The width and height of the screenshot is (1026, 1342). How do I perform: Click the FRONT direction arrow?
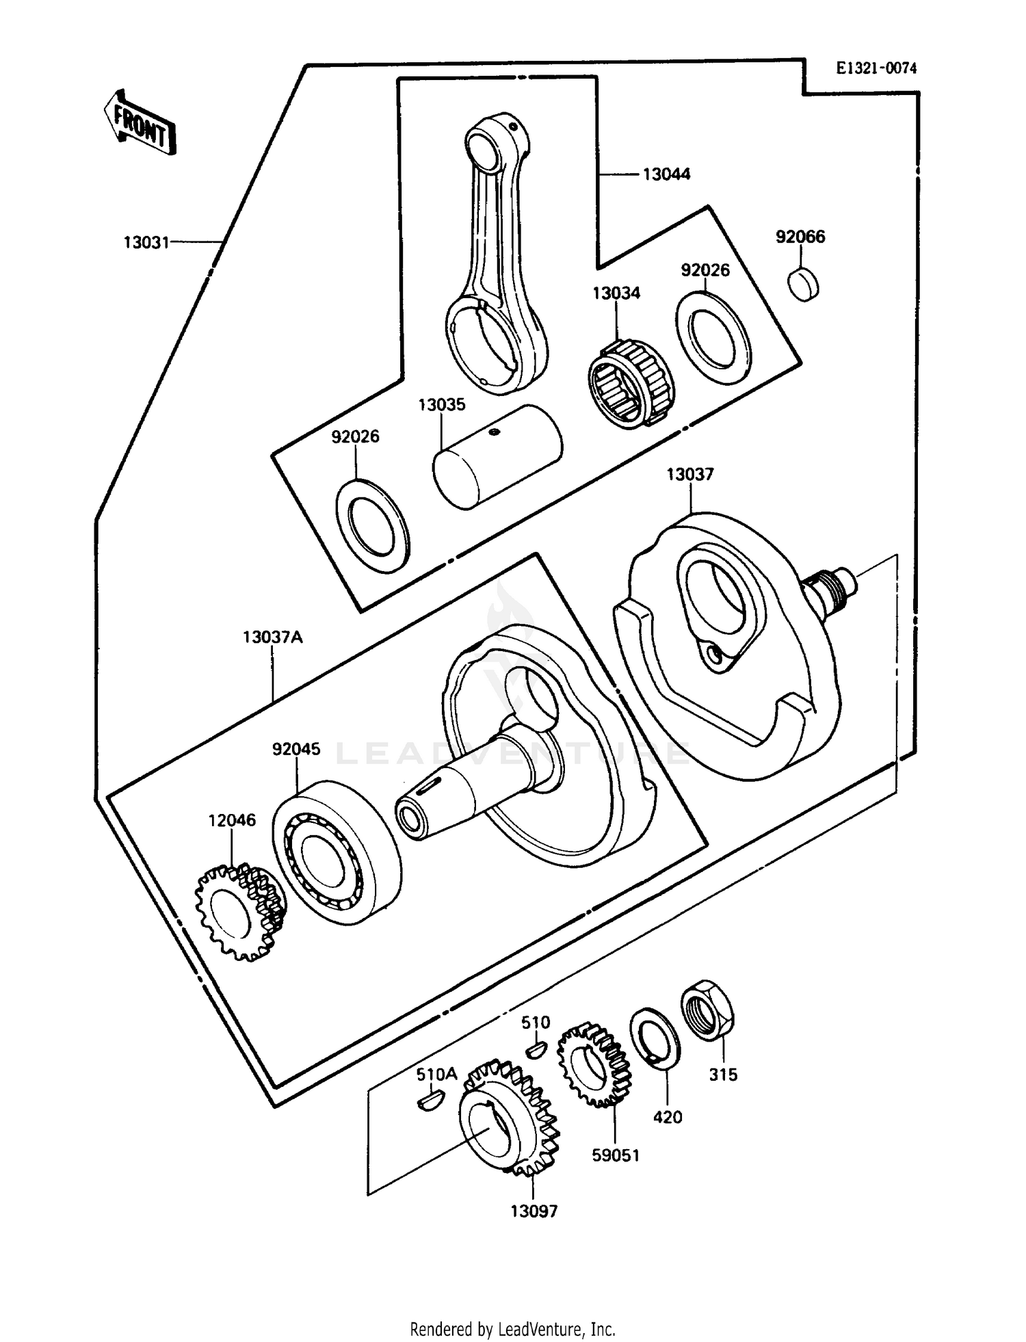pos(140,123)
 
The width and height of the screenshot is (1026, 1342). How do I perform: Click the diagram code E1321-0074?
pos(876,68)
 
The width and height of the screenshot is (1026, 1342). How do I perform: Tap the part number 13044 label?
pos(666,174)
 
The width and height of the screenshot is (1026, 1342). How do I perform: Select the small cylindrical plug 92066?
pos(803,284)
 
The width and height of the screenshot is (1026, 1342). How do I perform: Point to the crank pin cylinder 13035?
pos(498,456)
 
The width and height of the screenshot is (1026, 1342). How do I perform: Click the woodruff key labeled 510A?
pos(430,1101)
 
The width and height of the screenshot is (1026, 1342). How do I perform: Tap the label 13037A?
pos(272,637)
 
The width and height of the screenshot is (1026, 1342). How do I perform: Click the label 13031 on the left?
pos(146,242)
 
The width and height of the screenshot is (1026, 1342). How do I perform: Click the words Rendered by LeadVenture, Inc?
pos(512,1329)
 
